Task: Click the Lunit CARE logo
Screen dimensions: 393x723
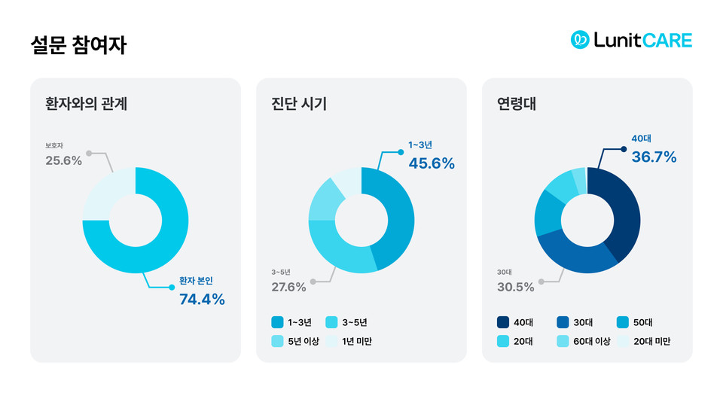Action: click(x=631, y=40)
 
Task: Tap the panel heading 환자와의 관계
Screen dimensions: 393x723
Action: click(x=86, y=104)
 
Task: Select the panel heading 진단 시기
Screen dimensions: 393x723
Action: click(x=299, y=104)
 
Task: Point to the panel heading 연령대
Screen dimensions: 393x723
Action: click(x=516, y=104)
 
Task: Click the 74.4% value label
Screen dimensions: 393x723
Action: click(x=202, y=300)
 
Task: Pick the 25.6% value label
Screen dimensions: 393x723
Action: click(x=63, y=160)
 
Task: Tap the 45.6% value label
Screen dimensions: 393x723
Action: click(x=431, y=163)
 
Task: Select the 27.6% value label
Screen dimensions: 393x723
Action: click(x=288, y=287)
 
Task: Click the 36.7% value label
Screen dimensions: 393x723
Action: click(x=653, y=157)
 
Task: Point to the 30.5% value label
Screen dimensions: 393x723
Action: click(x=515, y=287)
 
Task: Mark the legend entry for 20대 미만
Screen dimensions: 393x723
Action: click(x=644, y=341)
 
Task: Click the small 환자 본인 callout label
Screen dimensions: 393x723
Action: click(x=195, y=281)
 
